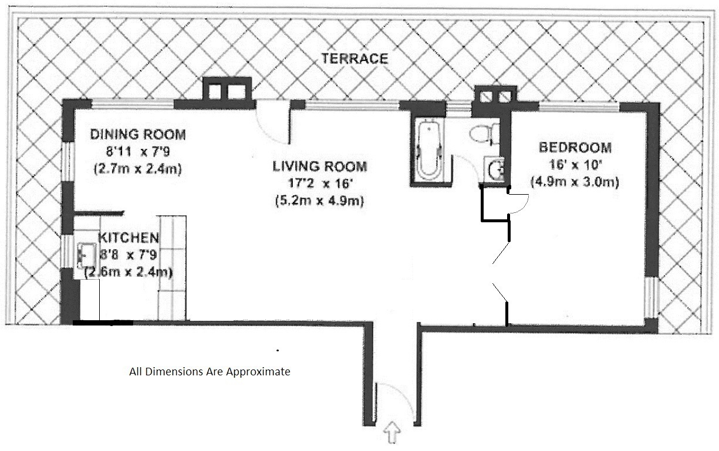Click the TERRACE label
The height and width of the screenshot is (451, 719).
(x=355, y=59)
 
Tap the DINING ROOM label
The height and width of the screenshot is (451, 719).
(x=138, y=134)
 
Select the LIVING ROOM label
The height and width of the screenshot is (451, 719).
(x=320, y=167)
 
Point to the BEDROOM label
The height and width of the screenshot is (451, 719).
(x=575, y=148)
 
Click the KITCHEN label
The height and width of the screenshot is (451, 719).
(x=129, y=238)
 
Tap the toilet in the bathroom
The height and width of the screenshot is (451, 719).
(x=484, y=134)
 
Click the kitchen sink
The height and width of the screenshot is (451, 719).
(x=86, y=256)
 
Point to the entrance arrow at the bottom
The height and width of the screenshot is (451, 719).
(x=392, y=432)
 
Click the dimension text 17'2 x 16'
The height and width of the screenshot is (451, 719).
(x=320, y=184)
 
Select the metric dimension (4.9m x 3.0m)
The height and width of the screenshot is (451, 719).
(x=575, y=182)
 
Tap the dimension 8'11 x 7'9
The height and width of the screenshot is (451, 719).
(x=138, y=151)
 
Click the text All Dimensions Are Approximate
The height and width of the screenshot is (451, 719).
(x=210, y=371)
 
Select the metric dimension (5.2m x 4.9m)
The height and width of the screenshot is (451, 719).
(x=320, y=201)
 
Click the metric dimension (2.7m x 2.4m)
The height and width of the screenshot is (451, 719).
(x=138, y=169)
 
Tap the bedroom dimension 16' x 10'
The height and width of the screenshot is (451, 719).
(x=575, y=165)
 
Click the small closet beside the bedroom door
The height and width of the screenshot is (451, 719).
(x=495, y=204)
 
